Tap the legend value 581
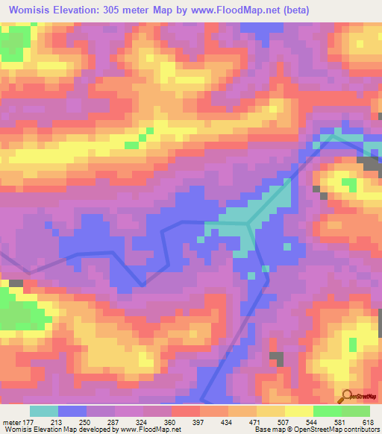click(339, 422)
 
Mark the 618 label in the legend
click(367, 422)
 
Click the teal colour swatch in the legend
click(44, 411)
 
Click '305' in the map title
click(117, 10)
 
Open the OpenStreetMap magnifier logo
click(345, 395)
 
